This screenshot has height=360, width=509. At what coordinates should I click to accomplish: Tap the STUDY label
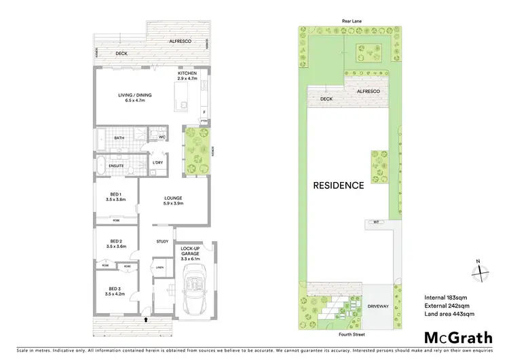[x=162, y=242]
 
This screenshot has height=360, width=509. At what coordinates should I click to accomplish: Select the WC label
[x=163, y=137]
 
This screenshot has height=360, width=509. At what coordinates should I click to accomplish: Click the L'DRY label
[x=157, y=163]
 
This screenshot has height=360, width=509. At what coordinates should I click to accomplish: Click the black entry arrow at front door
[x=147, y=319]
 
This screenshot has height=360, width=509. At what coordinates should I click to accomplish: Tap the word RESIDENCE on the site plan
[x=339, y=185]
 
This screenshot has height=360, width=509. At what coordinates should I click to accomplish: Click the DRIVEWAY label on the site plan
[x=378, y=306]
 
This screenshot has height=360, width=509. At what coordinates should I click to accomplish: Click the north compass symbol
[x=480, y=270]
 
